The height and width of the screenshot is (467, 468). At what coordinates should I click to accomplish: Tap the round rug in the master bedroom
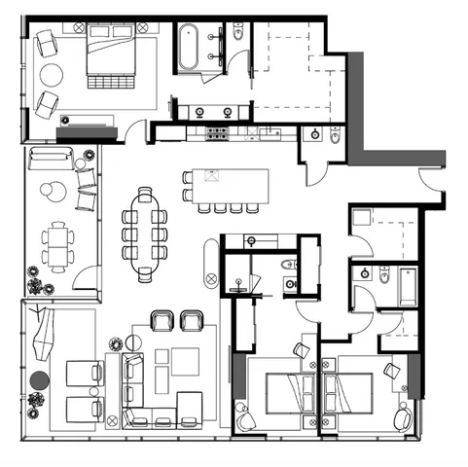pos(51,75)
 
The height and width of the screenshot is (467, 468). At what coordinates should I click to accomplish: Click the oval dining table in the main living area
pos(145,234)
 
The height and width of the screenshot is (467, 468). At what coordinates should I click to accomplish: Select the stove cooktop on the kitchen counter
pos(215,131)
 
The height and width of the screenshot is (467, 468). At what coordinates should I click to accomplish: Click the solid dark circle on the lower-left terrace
pos(39,379)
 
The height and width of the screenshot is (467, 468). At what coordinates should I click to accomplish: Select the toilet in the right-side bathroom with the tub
pos(384,276)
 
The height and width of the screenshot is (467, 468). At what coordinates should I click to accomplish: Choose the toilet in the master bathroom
pos(237,35)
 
